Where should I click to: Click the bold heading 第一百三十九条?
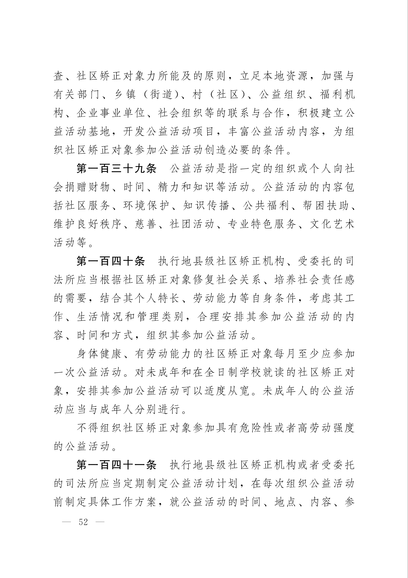tap(116, 169)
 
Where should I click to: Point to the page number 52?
tap(83, 522)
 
